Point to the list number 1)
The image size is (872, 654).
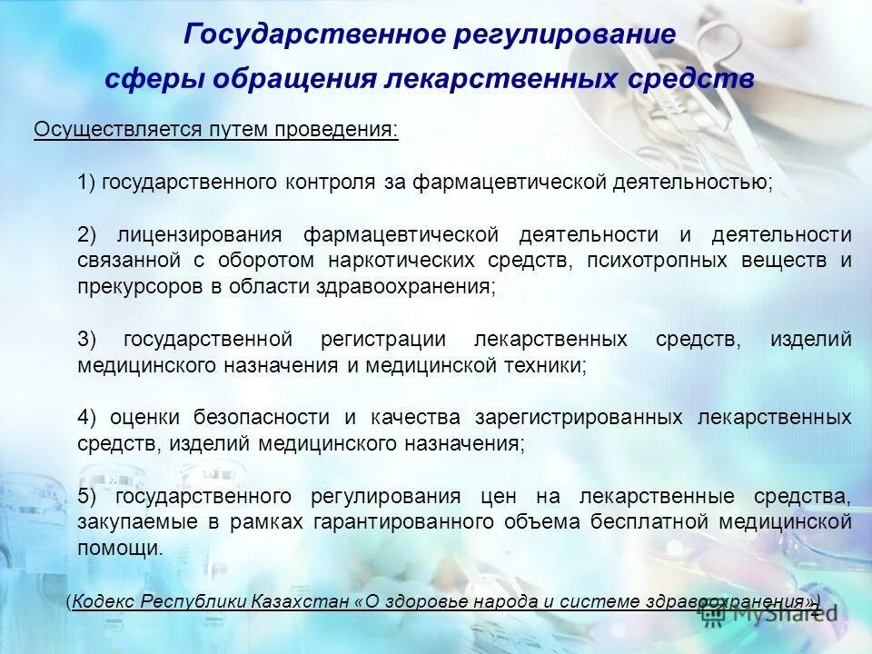pos(87,183)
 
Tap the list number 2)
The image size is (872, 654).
pos(87,234)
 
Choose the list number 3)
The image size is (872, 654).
pos(87,340)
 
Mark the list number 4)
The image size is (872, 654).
pos(87,417)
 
